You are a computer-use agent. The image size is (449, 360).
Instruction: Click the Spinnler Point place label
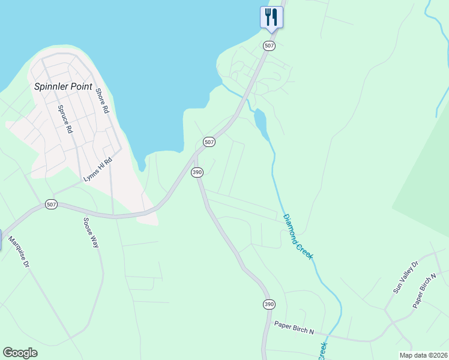pyautogui.click(x=62, y=86)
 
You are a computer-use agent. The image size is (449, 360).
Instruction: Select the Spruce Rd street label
pyautogui.click(x=65, y=119)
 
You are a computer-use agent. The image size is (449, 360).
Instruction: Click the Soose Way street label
pyautogui.click(x=91, y=233)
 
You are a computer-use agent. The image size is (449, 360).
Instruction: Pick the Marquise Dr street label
pyautogui.click(x=19, y=252)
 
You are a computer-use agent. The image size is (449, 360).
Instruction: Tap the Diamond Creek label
pyautogui.click(x=298, y=236)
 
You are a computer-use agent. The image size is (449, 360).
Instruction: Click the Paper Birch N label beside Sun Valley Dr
pyautogui.click(x=424, y=292)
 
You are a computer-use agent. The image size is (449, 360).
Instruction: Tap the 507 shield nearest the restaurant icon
pyautogui.click(x=269, y=46)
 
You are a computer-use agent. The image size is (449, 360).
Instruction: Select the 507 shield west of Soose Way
pyautogui.click(x=52, y=205)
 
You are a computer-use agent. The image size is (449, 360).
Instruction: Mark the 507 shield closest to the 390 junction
pyautogui.click(x=209, y=142)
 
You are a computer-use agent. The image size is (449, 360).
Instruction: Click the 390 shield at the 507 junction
pyautogui.click(x=197, y=172)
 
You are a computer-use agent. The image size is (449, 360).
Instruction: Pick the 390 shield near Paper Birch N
pyautogui.click(x=268, y=304)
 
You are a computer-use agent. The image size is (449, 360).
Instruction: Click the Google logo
pyautogui.click(x=20, y=353)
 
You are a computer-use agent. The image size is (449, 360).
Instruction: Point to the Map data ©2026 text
pyautogui.click(x=423, y=355)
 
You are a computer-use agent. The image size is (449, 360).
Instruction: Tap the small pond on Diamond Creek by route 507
pyautogui.click(x=261, y=121)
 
